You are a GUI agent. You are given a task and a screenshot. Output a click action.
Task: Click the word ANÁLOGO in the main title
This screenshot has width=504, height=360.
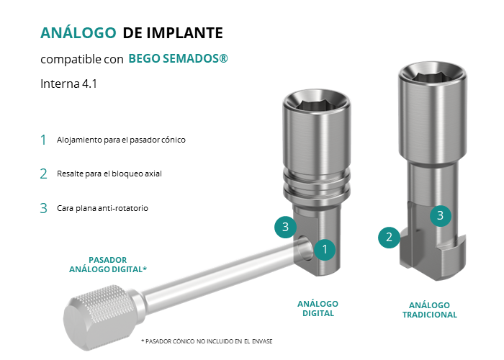(x=78, y=32)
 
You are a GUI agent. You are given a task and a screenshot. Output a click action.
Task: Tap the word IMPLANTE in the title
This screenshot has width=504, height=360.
(x=184, y=33)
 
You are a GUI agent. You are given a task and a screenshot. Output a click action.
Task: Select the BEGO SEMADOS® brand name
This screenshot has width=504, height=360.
(x=178, y=58)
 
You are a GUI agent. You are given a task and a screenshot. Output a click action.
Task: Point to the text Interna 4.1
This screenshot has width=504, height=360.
(x=68, y=84)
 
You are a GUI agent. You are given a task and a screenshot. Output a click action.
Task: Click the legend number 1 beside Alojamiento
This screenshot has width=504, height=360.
(x=43, y=140)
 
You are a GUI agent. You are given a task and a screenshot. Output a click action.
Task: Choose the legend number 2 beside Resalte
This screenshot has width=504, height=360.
(x=44, y=174)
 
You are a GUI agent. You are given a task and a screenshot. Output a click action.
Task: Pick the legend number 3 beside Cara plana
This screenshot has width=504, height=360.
(x=44, y=208)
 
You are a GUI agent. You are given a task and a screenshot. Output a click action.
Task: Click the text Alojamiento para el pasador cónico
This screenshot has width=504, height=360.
(x=121, y=140)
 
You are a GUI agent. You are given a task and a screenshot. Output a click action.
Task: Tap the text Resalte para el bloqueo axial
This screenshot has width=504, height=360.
(x=109, y=174)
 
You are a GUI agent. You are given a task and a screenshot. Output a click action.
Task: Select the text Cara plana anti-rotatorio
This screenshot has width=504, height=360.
(x=102, y=208)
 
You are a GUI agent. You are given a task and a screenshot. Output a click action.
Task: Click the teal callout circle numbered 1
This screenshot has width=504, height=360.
(x=325, y=249)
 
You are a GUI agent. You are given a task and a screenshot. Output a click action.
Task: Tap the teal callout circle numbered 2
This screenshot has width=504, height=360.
(x=390, y=237)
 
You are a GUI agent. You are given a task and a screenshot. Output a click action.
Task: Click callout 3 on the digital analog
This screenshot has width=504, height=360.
(x=285, y=227)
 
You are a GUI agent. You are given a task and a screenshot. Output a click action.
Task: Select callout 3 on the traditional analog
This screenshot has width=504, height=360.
(x=441, y=215)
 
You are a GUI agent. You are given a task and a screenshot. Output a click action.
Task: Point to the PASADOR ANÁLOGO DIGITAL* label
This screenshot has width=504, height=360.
(x=108, y=264)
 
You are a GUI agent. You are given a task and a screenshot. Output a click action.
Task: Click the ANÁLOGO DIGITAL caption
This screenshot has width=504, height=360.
(x=318, y=309)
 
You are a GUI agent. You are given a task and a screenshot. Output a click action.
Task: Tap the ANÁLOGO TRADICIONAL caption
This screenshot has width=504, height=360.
(x=430, y=310)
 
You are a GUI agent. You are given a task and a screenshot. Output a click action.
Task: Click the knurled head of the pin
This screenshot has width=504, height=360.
(x=99, y=318)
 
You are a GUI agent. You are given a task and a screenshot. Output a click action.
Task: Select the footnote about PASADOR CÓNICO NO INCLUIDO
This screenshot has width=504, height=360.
(x=207, y=341)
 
